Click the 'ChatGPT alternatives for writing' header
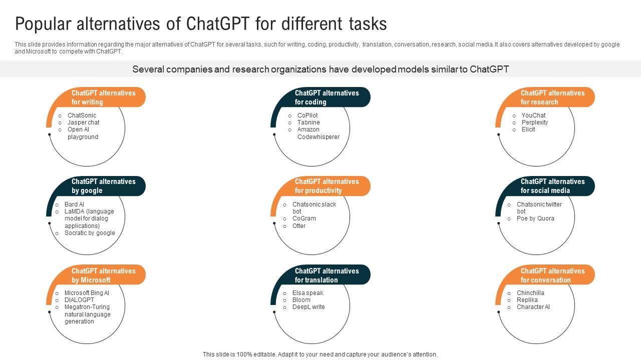pos(104,97)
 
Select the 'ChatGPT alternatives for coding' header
pos(327,97)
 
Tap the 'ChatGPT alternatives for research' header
pos(552,97)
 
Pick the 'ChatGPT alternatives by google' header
pos(104,186)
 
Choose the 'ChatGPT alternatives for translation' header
pos(327,275)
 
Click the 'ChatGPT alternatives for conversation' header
pos(552,275)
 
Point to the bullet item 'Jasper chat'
pos(83,122)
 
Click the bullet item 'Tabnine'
pos(308,122)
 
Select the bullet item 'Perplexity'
pos(534,122)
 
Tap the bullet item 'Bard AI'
pos(74,204)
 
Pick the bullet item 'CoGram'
pos(304,218)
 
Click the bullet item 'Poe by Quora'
pos(535,218)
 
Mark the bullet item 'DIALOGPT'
pos(79,300)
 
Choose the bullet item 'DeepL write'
pos(308,307)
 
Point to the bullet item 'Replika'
pos(527,300)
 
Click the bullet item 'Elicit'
pos(528,129)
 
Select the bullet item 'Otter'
pos(299,226)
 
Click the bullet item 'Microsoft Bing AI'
pos(87,293)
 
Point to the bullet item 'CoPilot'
pos(307,115)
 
